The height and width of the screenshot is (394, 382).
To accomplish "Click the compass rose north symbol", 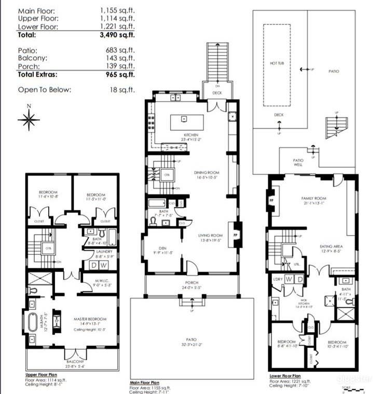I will [29, 119].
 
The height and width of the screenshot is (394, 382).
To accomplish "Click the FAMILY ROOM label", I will [313, 199].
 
